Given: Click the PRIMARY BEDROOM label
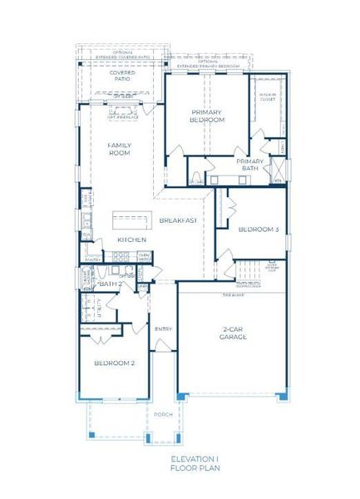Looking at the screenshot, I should [x=208, y=116].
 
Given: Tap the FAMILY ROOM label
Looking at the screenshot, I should [x=120, y=149].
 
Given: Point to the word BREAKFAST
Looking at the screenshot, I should [x=178, y=220].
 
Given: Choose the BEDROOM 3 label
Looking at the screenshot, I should [x=258, y=230].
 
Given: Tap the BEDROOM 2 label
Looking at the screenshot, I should [x=114, y=363].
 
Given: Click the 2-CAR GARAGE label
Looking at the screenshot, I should [x=233, y=333].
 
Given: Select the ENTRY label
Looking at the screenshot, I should [x=163, y=329].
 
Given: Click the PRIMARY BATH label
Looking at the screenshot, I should [x=249, y=165].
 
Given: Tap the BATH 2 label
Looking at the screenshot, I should [x=110, y=284].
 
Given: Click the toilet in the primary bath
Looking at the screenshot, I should [x=193, y=179].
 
